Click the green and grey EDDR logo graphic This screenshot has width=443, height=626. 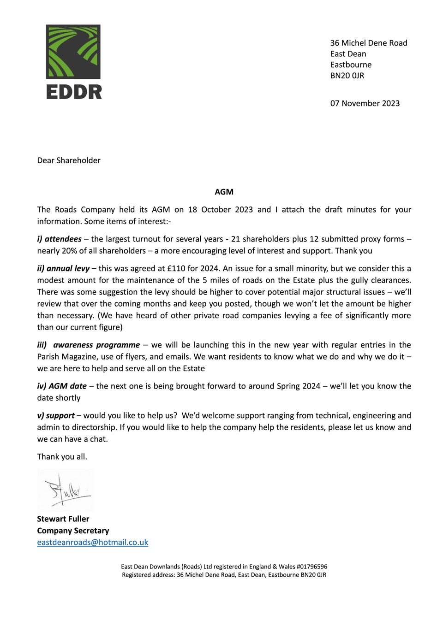pyautogui.click(x=73, y=51)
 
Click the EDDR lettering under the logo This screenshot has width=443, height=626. pyautogui.click(x=74, y=92)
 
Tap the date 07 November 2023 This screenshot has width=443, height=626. pyautogui.click(x=365, y=103)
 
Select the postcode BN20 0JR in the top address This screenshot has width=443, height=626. pyautogui.click(x=347, y=76)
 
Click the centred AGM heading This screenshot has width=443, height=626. pyautogui.click(x=224, y=192)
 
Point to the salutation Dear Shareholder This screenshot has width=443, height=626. pyautogui.click(x=69, y=160)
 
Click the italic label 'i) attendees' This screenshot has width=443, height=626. pyautogui.click(x=59, y=239)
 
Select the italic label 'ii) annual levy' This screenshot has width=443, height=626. pyautogui.click(x=63, y=268)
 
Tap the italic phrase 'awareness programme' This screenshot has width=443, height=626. pyautogui.click(x=96, y=345)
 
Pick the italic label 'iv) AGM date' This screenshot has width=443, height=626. pyautogui.click(x=62, y=386)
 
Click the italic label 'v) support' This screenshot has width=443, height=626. pyautogui.click(x=56, y=415)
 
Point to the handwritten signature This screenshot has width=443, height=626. pyautogui.click(x=66, y=490)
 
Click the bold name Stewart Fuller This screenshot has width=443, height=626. pyautogui.click(x=63, y=519)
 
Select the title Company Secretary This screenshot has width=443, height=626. pyautogui.click(x=73, y=531)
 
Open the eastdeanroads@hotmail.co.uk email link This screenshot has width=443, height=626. pyautogui.click(x=93, y=542)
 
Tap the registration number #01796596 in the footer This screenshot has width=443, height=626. pyautogui.click(x=311, y=567)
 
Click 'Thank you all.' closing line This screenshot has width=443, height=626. pyautogui.click(x=62, y=456)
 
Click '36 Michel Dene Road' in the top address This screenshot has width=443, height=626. pyautogui.click(x=368, y=43)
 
